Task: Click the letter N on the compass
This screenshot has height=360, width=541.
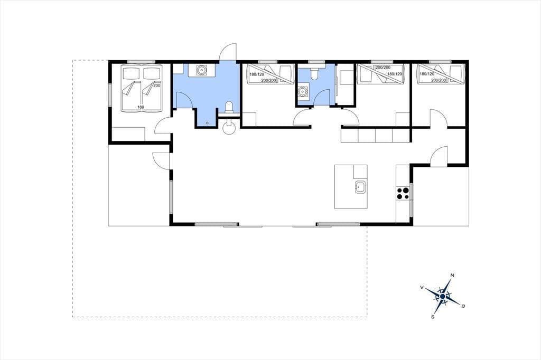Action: coord(452,275)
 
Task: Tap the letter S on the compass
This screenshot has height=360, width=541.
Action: coord(432,317)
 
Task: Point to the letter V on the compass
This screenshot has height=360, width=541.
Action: coord(422,287)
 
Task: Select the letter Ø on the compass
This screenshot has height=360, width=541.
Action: coord(463,306)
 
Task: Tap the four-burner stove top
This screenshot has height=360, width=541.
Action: coord(403,193)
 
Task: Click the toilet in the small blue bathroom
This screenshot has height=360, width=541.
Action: coord(314,73)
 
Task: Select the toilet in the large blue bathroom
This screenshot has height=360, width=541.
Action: coord(229,107)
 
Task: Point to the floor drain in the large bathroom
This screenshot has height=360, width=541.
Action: coord(207,123)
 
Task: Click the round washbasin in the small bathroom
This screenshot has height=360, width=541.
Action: coord(302,92)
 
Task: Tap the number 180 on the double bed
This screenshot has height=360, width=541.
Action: coord(141,107)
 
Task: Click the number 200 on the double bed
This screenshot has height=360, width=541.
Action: coord(156,86)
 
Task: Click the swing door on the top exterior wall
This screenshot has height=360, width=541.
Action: coord(228,52)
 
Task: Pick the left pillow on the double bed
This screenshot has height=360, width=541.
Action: coord(131,73)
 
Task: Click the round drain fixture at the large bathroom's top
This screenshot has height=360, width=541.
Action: coord(201,70)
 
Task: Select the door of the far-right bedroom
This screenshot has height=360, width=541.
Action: coord(438,118)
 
